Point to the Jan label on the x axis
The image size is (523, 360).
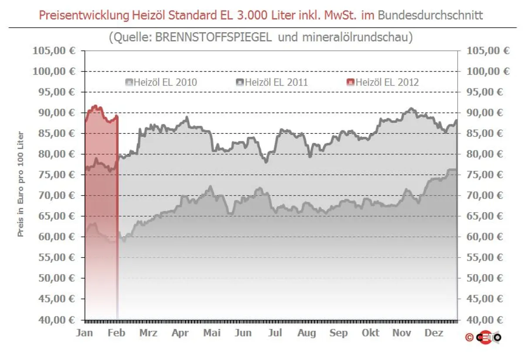[x=85, y=333]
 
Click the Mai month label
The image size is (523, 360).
[x=212, y=333]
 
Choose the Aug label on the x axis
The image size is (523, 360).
[x=307, y=333]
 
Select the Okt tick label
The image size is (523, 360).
[x=370, y=333]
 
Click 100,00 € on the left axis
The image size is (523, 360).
[x=54, y=71]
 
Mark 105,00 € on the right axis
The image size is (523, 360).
[x=488, y=51]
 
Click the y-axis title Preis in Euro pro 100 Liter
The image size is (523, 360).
[x=20, y=185]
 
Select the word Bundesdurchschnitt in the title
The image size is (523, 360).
[x=430, y=15]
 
